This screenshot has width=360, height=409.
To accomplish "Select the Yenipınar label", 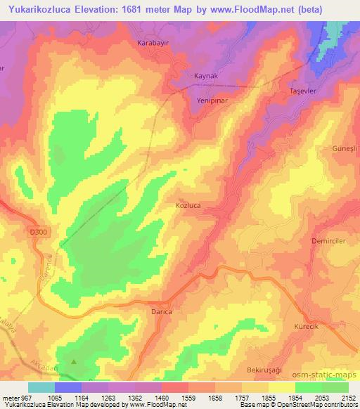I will point(210,99).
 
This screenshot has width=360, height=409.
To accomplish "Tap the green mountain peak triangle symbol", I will point(73,363).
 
